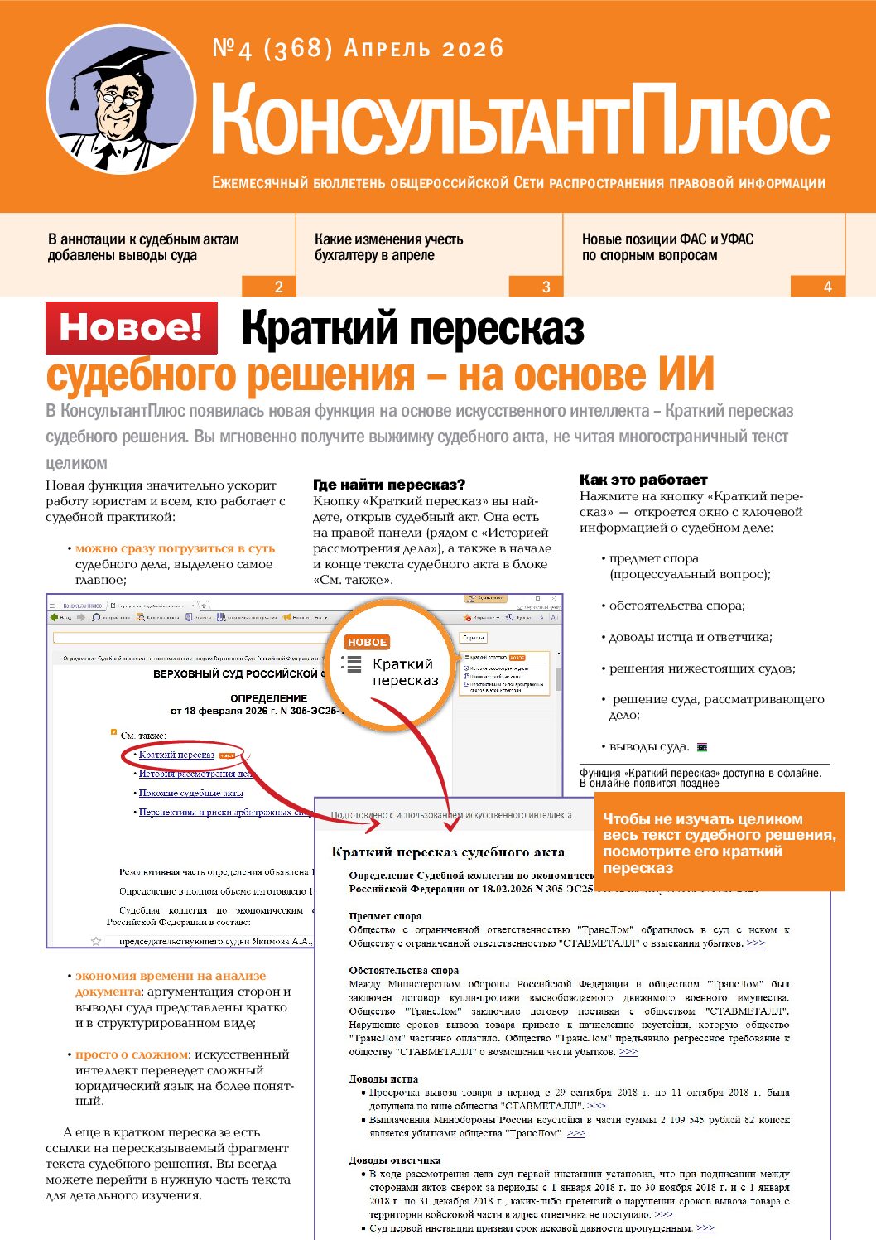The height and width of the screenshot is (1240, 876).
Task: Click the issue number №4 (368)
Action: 272,49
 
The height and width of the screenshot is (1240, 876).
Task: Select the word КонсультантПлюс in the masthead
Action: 520,121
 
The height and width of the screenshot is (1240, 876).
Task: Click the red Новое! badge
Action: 132,327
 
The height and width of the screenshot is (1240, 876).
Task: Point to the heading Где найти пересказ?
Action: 389,485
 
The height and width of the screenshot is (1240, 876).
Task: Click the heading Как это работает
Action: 643,480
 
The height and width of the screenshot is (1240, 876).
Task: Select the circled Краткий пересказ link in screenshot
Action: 176,755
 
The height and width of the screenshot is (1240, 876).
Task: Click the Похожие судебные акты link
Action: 190,793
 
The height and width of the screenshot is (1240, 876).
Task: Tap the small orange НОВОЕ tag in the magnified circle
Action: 367,642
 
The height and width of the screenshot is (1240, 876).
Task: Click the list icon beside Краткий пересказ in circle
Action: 352,663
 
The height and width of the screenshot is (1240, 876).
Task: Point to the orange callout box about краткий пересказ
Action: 719,842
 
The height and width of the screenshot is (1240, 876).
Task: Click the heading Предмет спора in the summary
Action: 385,916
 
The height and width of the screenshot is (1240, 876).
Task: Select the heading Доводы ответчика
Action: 394,1160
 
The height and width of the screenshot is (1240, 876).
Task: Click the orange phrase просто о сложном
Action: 132,1054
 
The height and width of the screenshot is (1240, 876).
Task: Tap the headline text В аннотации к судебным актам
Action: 143,239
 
